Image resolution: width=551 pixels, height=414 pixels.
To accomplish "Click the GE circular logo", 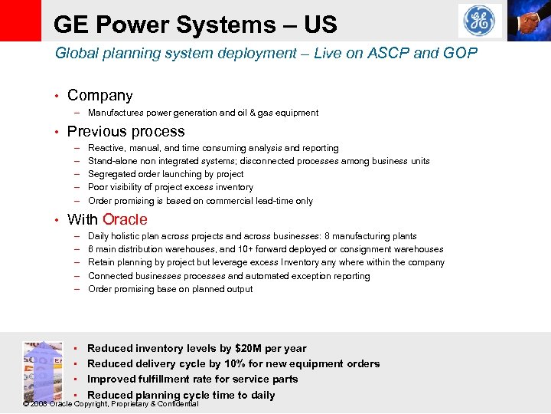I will [480, 21].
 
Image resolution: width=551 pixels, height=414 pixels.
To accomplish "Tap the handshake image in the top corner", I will [527, 20].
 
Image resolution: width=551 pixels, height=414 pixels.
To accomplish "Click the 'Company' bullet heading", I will [99, 96].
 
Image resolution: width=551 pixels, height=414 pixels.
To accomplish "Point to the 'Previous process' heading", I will [126, 131].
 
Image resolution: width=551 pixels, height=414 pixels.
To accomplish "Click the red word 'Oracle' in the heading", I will [125, 219].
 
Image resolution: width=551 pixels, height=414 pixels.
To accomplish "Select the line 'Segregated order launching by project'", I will [165, 174].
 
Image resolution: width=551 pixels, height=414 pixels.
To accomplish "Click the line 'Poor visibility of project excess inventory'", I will [170, 187].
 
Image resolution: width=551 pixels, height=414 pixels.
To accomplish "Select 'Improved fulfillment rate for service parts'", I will [192, 379].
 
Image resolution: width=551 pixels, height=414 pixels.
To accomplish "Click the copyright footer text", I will [111, 404].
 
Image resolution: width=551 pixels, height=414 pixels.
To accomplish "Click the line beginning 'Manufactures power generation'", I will [203, 113].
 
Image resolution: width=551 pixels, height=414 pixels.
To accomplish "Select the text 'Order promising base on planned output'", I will [170, 289].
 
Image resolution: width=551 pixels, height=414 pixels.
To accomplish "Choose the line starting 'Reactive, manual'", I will [213, 148].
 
